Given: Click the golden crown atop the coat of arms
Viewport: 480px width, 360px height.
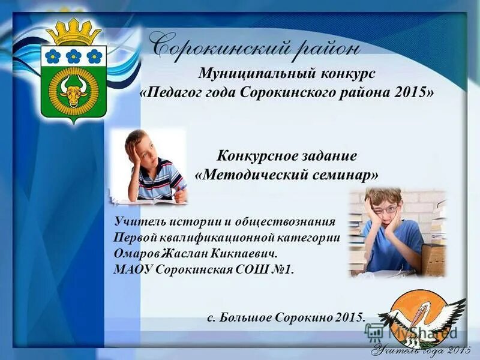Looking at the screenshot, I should click(x=74, y=31).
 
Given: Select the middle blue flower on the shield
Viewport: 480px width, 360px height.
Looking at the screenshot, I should click(x=74, y=56).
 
